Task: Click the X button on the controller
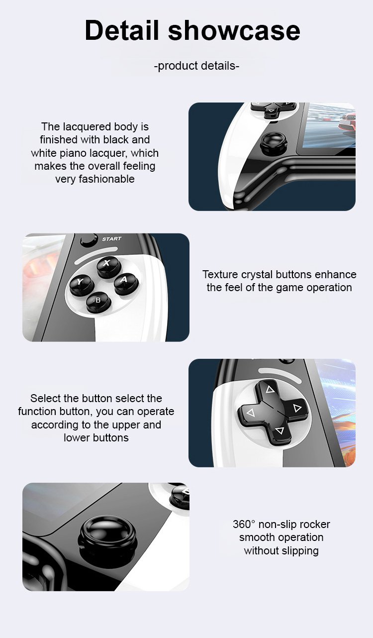click(x=109, y=267)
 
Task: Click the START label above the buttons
click(x=111, y=239)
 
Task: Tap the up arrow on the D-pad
click(x=270, y=390)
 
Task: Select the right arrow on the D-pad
click(x=297, y=409)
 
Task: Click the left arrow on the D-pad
click(x=251, y=413)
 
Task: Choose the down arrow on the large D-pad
click(x=280, y=430)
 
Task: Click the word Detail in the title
click(x=121, y=30)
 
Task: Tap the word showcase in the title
click(x=234, y=31)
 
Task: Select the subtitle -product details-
click(x=196, y=66)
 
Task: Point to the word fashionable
click(x=106, y=179)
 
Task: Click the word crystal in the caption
click(x=258, y=275)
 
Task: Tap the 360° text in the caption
click(x=244, y=524)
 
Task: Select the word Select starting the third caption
click(x=44, y=398)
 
